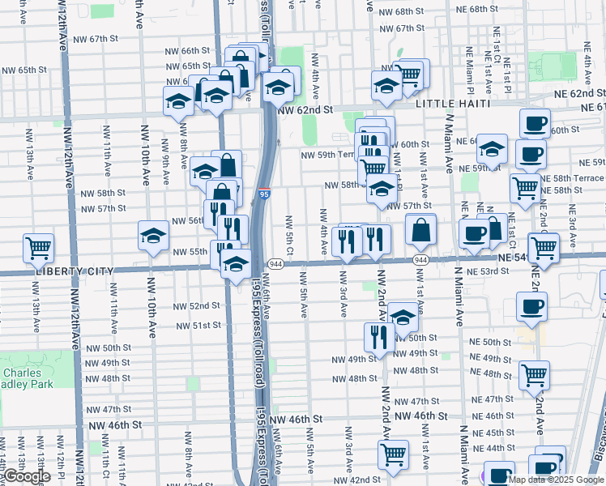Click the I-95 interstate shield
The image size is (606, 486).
(x=265, y=194)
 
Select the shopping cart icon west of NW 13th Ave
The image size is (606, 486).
(x=38, y=249)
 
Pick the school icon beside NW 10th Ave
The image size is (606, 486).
(x=153, y=237)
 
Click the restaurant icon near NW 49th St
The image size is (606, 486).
(x=379, y=337)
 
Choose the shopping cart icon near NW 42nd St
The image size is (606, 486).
(x=394, y=455)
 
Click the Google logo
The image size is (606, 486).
(x=26, y=477)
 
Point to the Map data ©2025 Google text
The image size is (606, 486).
(x=557, y=480)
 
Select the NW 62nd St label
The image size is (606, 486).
(x=305, y=109)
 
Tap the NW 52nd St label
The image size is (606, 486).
(x=198, y=305)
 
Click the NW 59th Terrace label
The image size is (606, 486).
(x=327, y=154)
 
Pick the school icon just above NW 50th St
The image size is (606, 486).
(x=403, y=317)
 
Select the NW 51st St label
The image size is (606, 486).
(x=198, y=325)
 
